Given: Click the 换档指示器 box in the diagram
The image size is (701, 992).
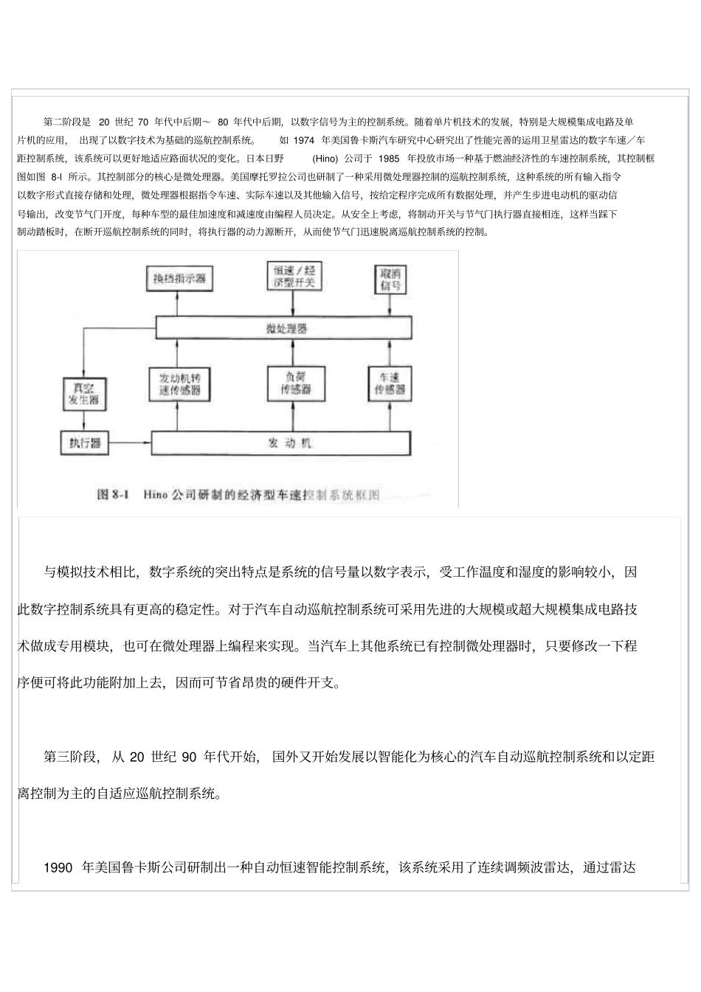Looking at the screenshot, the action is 179,278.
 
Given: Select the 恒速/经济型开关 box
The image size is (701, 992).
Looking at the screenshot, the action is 294,277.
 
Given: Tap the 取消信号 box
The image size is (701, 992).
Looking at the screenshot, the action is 390,278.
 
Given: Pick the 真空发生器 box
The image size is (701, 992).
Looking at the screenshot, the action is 83,394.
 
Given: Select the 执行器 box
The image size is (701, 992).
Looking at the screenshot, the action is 84,443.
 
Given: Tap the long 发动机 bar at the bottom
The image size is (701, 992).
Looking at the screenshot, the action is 281,443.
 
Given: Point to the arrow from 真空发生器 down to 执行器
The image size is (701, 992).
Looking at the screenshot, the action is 83,420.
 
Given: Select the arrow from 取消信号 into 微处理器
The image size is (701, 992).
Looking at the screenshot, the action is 390,305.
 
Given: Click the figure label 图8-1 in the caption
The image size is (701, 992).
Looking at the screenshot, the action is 113,494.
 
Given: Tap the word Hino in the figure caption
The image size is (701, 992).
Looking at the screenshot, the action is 155,494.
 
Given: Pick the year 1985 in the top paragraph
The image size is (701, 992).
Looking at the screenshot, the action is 388,158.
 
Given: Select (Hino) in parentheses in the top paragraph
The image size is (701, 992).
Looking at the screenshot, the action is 325,158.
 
